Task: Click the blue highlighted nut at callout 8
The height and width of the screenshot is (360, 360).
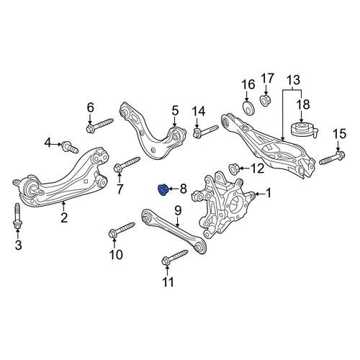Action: point(163,189)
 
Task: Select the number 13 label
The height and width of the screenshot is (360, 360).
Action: point(293,80)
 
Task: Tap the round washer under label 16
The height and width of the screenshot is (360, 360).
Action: point(248,108)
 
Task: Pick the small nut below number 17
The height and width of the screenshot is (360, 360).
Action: point(266,100)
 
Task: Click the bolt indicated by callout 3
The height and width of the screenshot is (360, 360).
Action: point(17,216)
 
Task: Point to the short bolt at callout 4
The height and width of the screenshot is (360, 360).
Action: point(70,147)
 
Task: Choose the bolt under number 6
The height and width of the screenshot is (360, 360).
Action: point(99,125)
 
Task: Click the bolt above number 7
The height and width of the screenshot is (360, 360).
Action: point(127,163)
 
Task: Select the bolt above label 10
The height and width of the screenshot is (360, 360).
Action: point(122,230)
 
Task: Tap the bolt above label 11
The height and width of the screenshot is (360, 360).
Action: point(175,258)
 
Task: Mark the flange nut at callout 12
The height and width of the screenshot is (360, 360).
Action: point(233,168)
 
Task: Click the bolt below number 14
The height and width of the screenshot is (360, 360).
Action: point(205,132)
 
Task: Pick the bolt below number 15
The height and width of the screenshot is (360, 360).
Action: point(332,157)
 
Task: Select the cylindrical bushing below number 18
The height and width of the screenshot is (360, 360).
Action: point(304,130)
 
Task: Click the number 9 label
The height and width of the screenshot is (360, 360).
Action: point(178,210)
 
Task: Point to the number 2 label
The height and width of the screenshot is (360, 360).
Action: point(64,217)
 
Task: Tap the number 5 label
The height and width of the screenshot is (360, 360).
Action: point(175,111)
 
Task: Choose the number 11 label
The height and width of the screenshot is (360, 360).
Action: point(168,282)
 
